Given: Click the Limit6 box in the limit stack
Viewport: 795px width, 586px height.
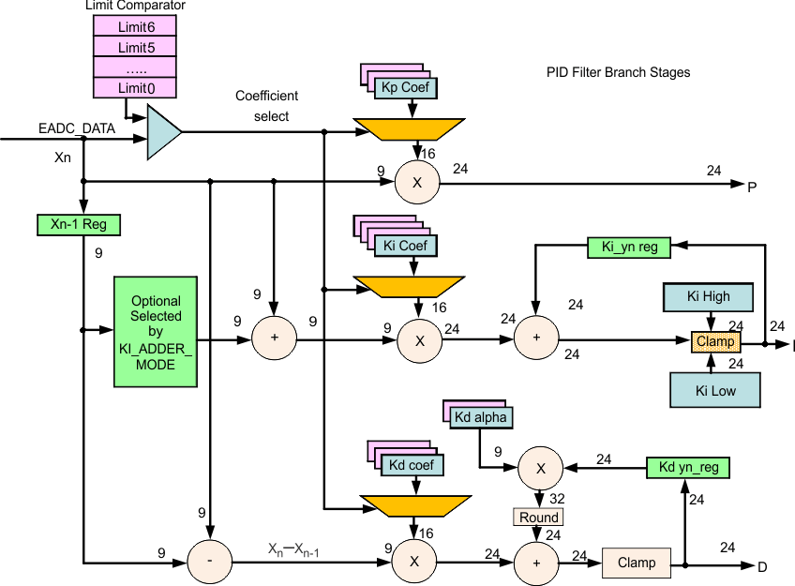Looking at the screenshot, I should (x=136, y=26).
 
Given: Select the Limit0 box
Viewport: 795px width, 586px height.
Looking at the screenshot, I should (x=136, y=88).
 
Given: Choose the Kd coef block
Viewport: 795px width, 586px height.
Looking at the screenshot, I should (x=412, y=464).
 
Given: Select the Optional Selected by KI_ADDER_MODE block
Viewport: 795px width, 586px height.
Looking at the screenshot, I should (x=155, y=332).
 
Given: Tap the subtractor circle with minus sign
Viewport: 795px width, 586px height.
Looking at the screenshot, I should (x=211, y=561).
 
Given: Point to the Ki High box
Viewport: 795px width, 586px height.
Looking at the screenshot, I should (x=708, y=297).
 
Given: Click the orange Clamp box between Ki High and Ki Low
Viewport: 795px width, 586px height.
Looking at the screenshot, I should (x=715, y=342).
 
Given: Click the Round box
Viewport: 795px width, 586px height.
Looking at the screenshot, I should (x=538, y=517).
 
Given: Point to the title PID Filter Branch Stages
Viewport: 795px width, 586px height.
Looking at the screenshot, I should (x=618, y=72).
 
